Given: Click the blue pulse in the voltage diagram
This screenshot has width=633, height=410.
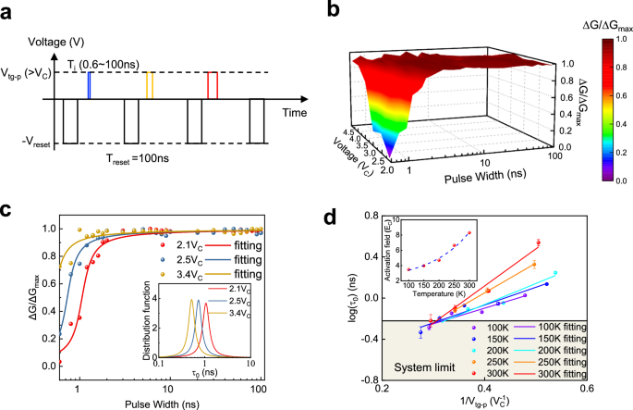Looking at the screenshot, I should click(x=88, y=85).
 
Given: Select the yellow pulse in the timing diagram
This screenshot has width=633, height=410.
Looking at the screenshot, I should click(x=150, y=85).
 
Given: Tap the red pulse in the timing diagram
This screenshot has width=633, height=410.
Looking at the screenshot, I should click(x=212, y=85).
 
